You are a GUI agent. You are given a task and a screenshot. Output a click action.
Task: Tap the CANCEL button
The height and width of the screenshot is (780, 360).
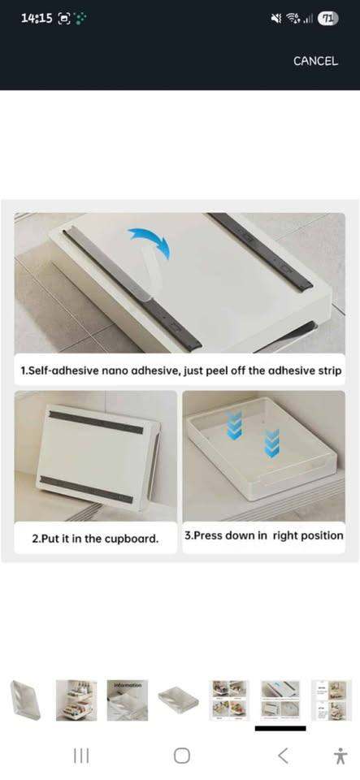point(315,61)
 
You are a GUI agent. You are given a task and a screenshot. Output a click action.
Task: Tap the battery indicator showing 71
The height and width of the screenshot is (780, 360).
point(328,19)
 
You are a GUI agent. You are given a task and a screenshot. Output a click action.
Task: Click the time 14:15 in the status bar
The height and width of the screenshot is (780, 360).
point(37,19)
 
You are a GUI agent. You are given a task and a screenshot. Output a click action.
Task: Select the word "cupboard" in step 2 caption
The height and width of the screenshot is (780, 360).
point(133,539)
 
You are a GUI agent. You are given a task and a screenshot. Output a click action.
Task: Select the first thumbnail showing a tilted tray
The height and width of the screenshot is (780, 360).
point(26,700)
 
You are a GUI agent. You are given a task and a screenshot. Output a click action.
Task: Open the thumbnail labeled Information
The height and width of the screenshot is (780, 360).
point(128,700)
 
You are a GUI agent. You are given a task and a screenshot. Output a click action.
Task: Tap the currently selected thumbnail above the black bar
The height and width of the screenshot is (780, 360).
point(280,700)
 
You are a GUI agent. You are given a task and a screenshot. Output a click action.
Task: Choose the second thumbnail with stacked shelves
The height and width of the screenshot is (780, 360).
point(76,700)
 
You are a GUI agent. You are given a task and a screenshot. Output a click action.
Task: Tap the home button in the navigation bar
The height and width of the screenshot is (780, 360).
point(182,756)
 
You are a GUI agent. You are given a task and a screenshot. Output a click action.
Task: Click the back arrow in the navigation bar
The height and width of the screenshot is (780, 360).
point(283,756)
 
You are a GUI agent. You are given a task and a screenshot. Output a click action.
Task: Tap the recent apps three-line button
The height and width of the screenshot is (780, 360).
point(81,756)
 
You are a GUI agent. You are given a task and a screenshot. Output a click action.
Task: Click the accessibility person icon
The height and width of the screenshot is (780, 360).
point(340,756)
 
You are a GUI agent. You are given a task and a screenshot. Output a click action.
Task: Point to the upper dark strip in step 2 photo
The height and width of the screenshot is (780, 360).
point(96,422)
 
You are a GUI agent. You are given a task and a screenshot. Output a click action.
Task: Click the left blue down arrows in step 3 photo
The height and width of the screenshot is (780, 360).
point(234,425)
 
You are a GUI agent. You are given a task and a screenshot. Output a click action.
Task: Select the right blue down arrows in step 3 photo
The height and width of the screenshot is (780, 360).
point(272,443)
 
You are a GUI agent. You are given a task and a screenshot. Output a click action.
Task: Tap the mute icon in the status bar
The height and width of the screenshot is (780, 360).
point(276,19)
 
